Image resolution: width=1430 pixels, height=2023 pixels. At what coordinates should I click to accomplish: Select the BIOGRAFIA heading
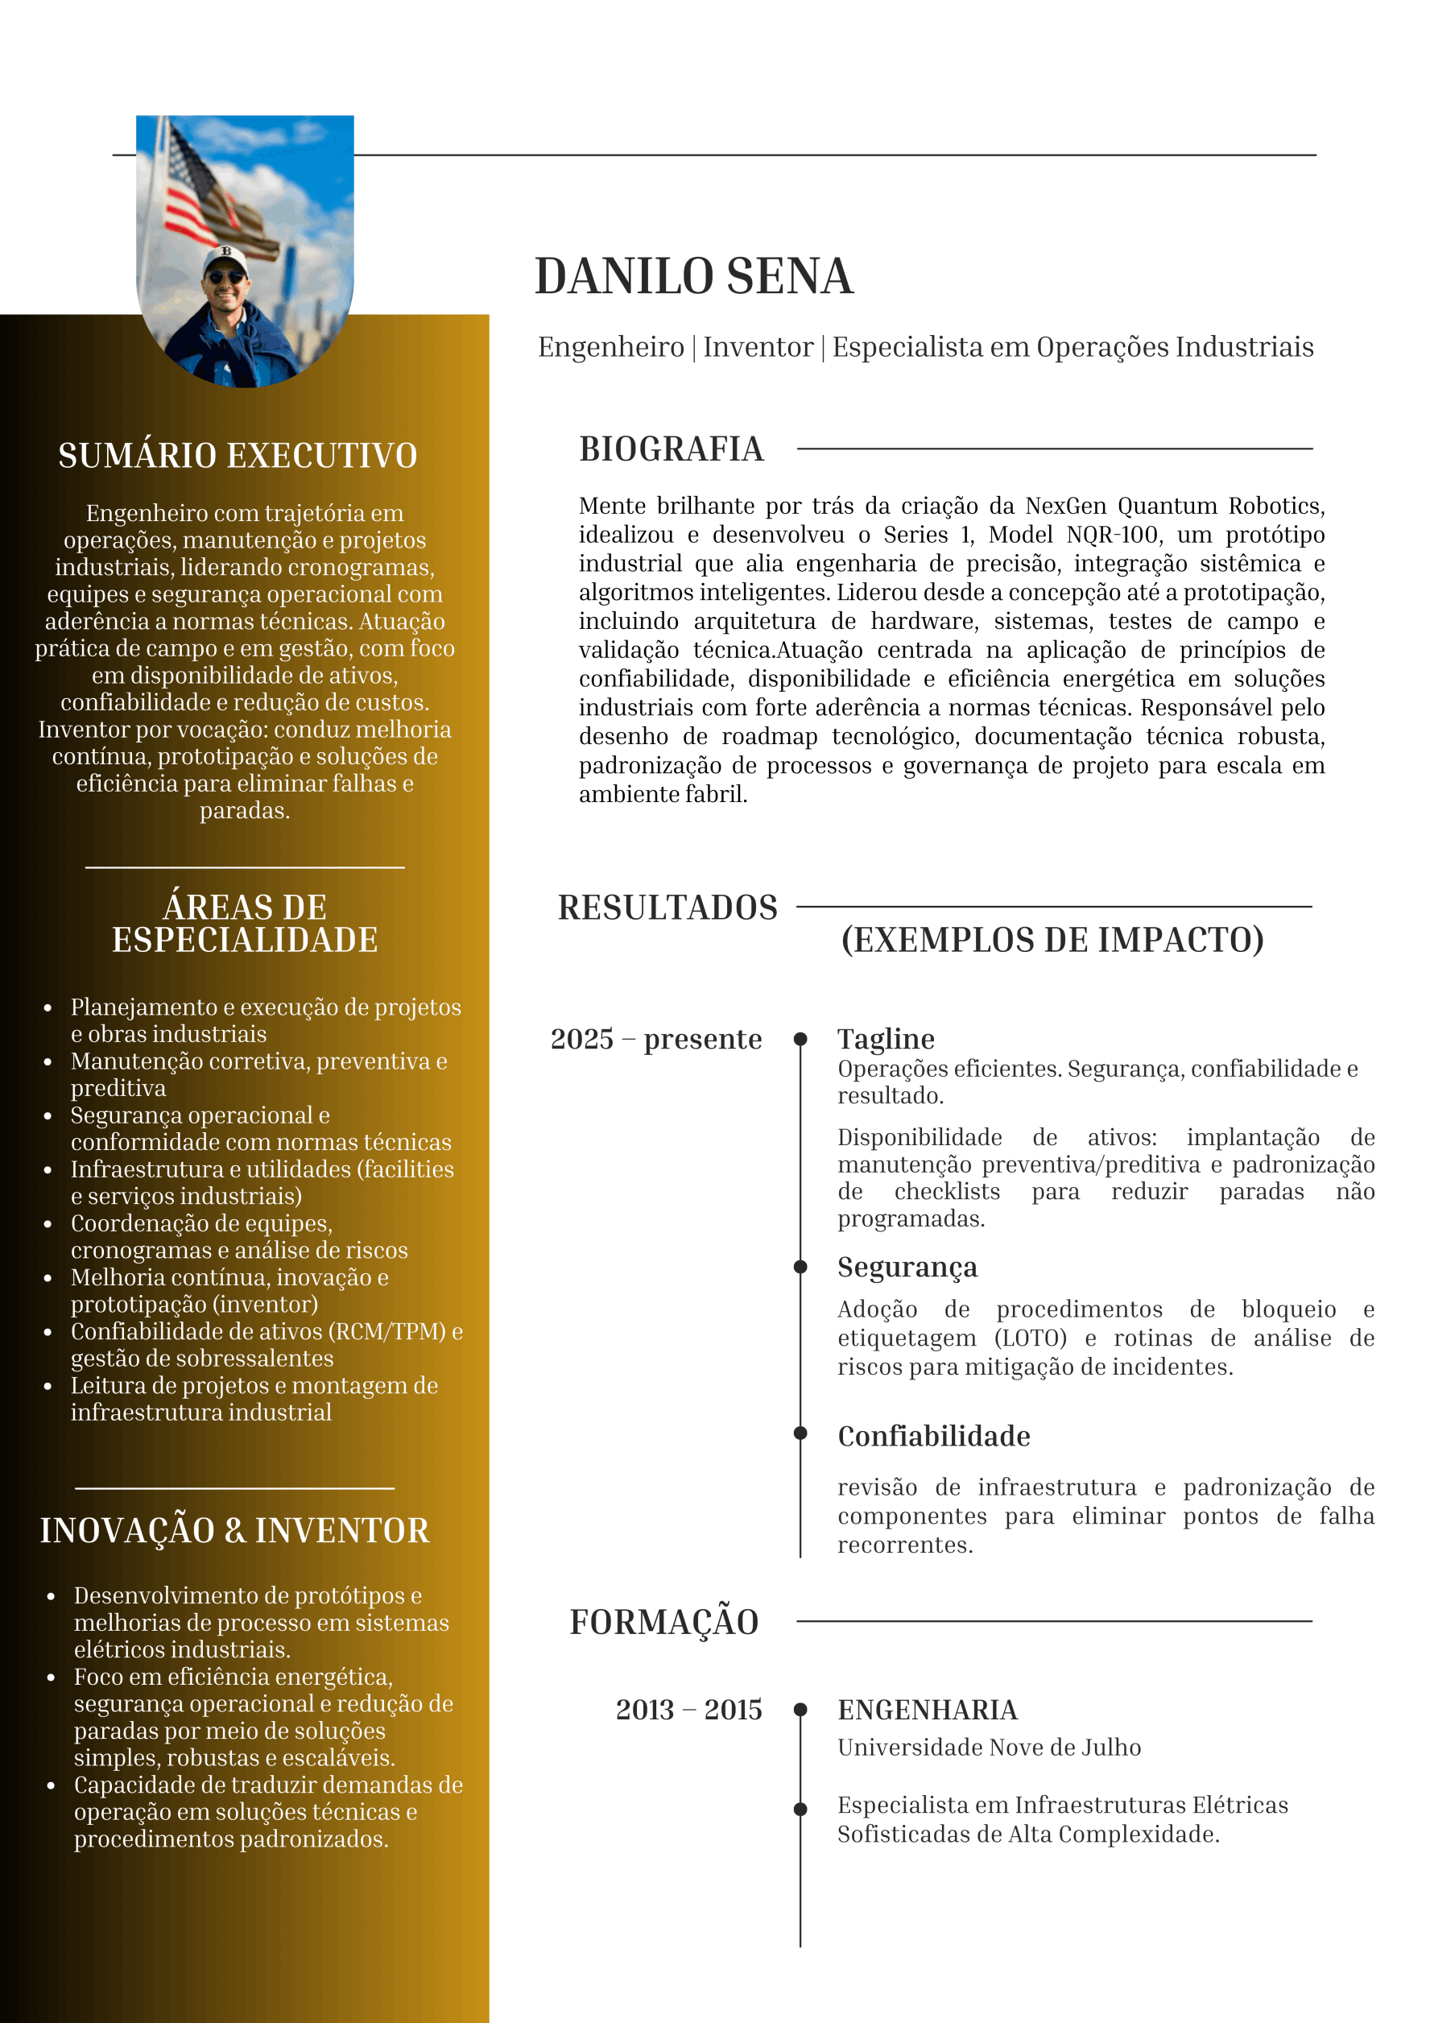672,449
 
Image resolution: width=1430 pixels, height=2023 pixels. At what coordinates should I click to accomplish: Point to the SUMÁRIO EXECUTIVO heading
238,456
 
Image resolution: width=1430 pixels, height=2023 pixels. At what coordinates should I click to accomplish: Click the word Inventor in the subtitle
758,347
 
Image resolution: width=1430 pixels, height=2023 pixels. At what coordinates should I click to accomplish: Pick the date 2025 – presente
655,1039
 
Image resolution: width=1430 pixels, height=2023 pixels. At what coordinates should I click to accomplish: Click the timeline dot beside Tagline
800,1039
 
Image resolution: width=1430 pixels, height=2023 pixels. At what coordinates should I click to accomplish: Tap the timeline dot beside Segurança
800,1267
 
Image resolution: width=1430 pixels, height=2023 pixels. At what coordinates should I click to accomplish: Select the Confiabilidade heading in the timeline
934,1436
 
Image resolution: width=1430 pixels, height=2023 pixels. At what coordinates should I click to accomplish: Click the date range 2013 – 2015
688,1710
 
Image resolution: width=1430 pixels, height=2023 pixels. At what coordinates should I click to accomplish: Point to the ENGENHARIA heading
927,1710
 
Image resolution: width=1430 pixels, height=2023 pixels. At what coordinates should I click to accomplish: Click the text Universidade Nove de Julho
989,1748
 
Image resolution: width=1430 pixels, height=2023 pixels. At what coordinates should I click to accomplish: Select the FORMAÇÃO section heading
664,1622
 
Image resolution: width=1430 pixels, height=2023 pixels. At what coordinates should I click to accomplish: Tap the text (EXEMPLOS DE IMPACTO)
1052,940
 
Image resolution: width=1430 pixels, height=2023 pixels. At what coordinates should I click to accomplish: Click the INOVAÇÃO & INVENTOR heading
234,1530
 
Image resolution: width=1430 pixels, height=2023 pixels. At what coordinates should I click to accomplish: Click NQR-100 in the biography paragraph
1112,535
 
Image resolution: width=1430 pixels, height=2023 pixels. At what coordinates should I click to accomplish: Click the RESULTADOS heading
667,908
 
